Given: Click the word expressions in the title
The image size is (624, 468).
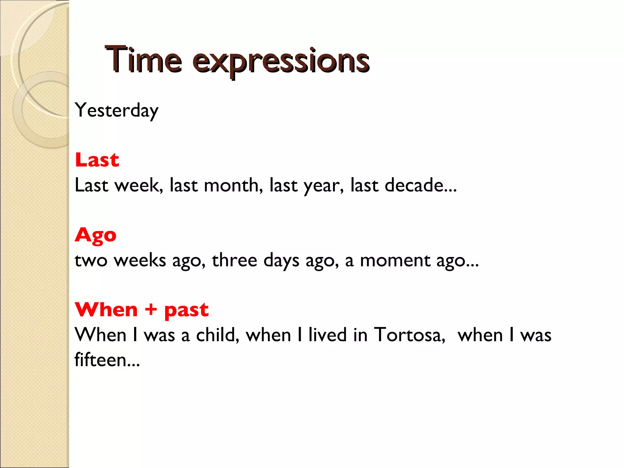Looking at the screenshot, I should click(281, 61).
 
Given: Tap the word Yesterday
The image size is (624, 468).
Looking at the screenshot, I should click(116, 110).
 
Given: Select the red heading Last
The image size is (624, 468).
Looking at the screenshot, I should click(97, 160).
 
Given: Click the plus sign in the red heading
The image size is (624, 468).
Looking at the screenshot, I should click(151, 310).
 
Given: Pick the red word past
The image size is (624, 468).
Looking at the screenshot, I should click(186, 310).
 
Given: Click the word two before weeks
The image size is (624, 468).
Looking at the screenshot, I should click(91, 261).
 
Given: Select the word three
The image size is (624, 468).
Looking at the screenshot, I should click(234, 260).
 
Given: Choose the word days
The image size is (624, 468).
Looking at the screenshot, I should click(281, 261).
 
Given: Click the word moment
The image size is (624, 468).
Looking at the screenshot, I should click(395, 261).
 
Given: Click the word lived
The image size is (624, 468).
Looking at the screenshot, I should click(327, 335).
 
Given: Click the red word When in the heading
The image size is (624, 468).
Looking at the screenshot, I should click(106, 310).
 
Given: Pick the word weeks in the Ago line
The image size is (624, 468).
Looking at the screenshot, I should click(140, 261).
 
